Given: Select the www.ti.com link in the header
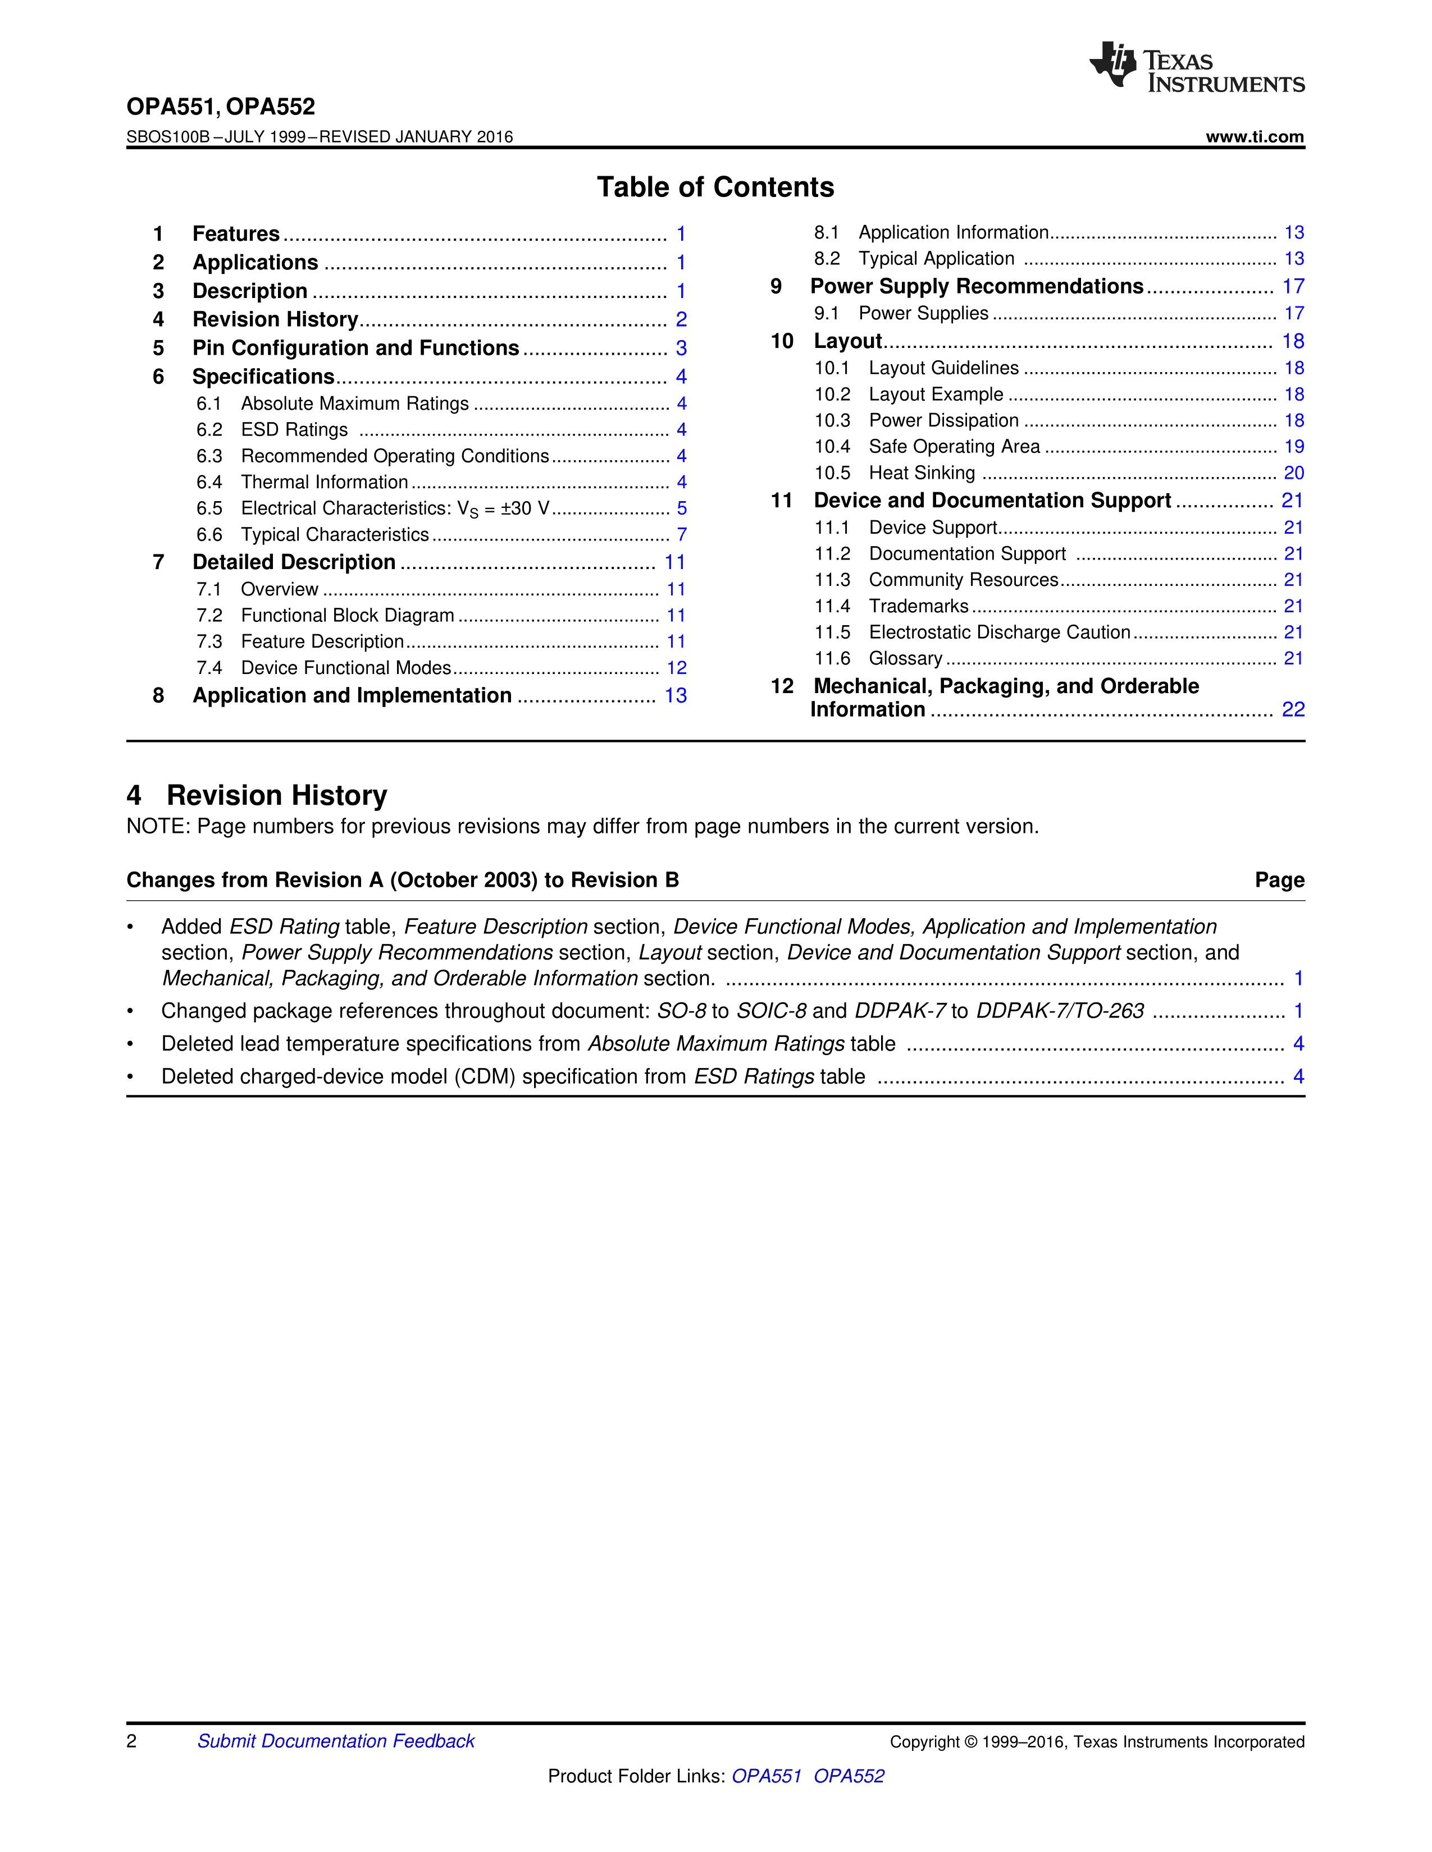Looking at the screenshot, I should pyautogui.click(x=1254, y=136).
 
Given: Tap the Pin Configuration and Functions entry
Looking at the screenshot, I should pyautogui.click(x=355, y=348).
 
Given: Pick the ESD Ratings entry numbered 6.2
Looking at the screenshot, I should pyautogui.click(x=294, y=430).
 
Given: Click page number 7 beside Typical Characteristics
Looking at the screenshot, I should pyautogui.click(x=681, y=534).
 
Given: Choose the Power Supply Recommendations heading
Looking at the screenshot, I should pyautogui.click(x=977, y=287).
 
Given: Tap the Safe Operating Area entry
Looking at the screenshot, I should pyautogui.click(x=954, y=447).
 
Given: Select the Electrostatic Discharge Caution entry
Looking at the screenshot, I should pyautogui.click(x=1000, y=632).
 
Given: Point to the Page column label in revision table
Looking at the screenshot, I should pyautogui.click(x=1279, y=880).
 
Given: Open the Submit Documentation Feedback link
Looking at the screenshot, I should pyautogui.click(x=336, y=1741).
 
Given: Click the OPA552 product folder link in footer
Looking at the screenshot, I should pyautogui.click(x=849, y=1776).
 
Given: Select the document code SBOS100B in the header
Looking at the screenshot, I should pyautogui.click(x=167, y=136).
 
